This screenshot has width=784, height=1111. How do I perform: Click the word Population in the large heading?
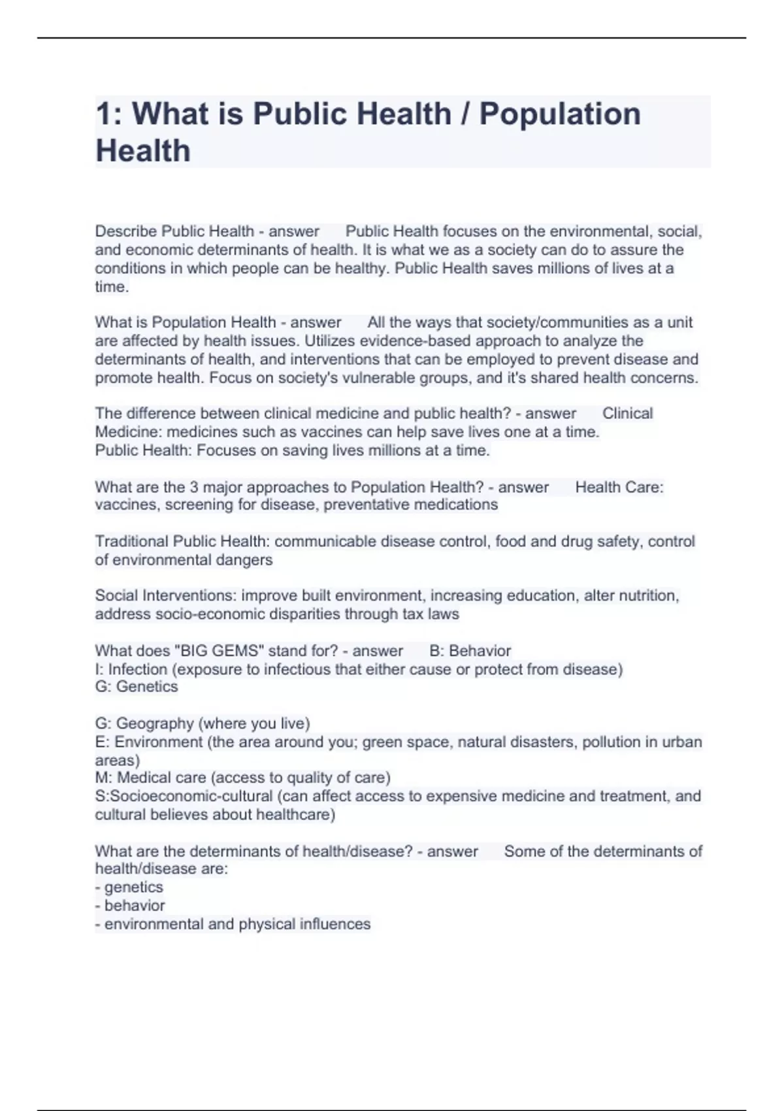pyautogui.click(x=560, y=114)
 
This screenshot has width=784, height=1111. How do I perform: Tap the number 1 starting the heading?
pyautogui.click(x=103, y=114)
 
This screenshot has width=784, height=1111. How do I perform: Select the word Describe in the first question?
pyautogui.click(x=125, y=231)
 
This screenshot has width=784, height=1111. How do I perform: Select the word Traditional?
pyautogui.click(x=131, y=542)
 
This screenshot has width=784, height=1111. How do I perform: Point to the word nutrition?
pyautogui.click(x=646, y=596)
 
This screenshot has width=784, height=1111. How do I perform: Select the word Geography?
pyautogui.click(x=155, y=724)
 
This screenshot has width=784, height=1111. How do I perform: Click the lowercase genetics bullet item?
pyautogui.click(x=133, y=887)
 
